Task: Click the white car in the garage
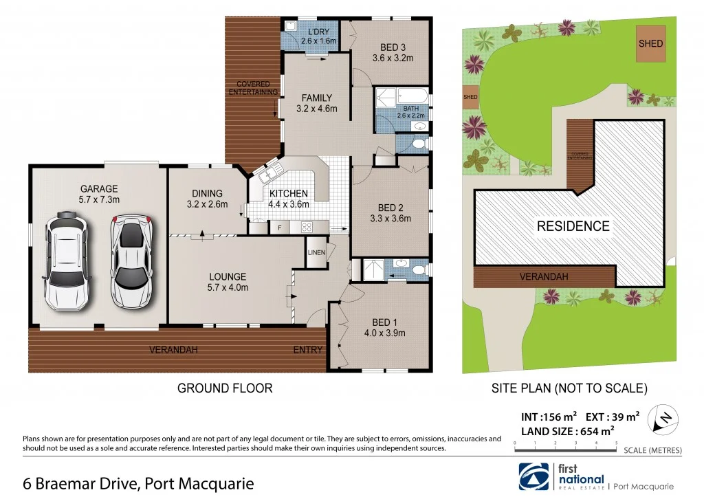66,263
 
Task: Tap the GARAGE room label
99,188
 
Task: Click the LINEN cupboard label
316,253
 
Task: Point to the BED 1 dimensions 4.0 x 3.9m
385,333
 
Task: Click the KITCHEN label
288,193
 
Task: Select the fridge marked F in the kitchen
279,228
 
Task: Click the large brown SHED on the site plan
650,43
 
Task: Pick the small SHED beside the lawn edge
470,98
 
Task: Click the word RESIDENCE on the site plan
573,226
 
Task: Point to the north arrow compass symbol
665,417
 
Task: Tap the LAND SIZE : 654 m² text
566,432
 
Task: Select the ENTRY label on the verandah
307,350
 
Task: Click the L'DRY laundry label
318,32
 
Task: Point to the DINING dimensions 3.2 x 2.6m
207,204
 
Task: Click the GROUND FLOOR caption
225,388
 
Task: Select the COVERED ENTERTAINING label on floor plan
254,88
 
